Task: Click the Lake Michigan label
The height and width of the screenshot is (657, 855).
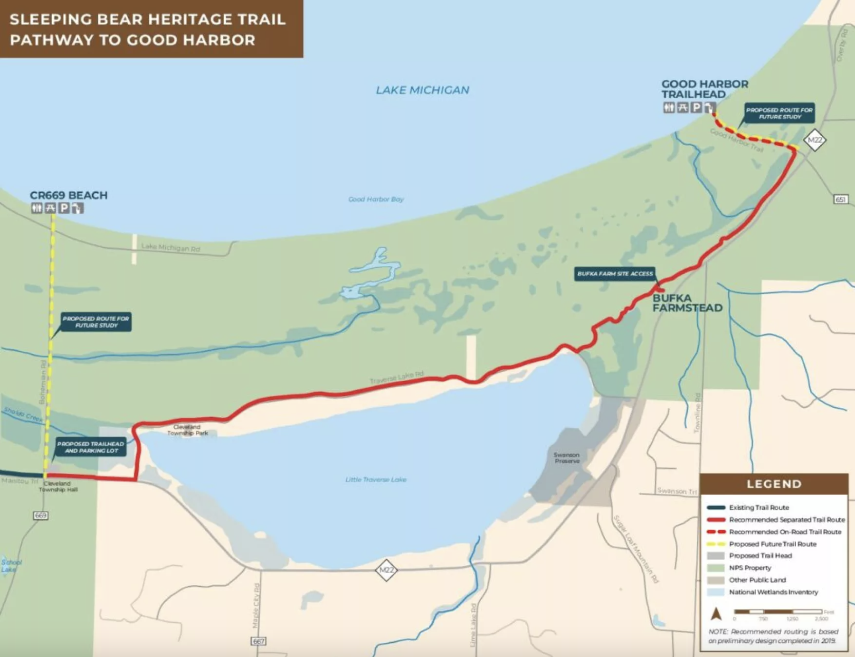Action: pos(422,90)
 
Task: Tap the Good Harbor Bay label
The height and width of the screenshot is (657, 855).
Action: pos(376,199)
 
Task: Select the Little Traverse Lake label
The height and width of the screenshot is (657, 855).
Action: pos(376,480)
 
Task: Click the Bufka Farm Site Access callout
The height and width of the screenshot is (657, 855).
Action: pos(615,274)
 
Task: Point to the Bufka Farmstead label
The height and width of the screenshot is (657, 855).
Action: pos(687,303)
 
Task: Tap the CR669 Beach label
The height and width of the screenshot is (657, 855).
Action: pos(68,196)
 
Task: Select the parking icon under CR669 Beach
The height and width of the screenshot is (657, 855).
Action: pos(64,208)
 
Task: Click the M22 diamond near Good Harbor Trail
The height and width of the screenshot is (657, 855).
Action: pos(815,140)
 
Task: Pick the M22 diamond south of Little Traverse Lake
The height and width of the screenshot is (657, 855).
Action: pos(386,570)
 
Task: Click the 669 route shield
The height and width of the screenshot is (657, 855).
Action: pos(40,516)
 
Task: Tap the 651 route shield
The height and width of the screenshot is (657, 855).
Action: pos(840,199)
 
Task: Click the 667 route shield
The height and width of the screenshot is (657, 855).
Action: pos(258,641)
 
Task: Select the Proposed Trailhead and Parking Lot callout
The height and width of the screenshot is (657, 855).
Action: pos(90,447)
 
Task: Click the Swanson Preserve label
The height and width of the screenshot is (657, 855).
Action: pos(566,458)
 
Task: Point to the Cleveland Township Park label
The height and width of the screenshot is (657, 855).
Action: pos(187,430)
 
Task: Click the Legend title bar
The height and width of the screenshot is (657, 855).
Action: pos(774,484)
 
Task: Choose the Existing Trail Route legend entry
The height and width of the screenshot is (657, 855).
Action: pos(759,507)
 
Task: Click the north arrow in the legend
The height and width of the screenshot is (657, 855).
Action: pos(716,614)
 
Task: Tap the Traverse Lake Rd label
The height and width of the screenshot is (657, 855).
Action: pos(396,377)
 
